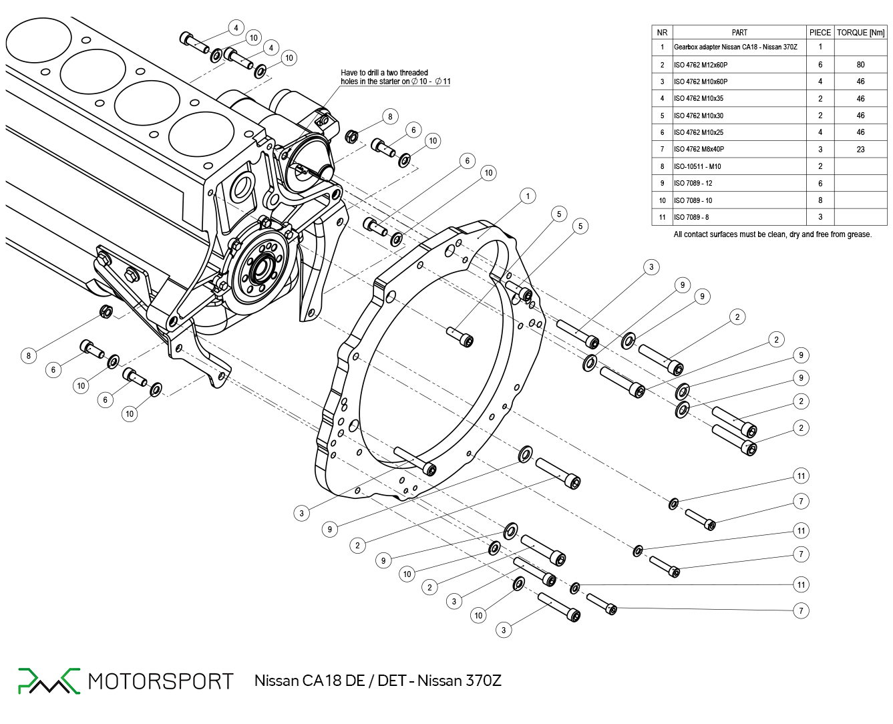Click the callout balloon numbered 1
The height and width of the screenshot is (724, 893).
(528, 196)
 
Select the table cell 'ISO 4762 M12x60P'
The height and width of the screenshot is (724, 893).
(701, 65)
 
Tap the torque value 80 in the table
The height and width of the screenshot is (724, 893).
(860, 65)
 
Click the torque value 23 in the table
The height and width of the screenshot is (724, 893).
(860, 150)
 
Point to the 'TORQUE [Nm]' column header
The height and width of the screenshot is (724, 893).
(860, 32)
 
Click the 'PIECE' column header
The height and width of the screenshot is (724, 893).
(820, 32)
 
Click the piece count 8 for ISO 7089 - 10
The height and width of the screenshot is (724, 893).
(820, 200)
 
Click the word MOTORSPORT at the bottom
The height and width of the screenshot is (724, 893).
(160, 681)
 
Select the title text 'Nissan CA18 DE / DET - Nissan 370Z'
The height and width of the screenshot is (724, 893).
(377, 681)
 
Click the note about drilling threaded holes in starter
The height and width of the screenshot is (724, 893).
(395, 77)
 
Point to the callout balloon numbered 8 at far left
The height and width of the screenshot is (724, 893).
(28, 355)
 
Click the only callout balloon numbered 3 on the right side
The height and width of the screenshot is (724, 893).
(651, 267)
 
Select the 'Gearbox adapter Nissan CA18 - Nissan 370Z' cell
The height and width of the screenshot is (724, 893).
(735, 47)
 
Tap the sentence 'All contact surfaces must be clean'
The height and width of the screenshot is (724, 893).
(772, 234)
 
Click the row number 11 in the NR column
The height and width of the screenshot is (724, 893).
(662, 217)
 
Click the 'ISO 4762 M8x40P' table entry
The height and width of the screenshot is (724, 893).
(699, 150)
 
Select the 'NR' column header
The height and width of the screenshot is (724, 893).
(662, 32)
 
